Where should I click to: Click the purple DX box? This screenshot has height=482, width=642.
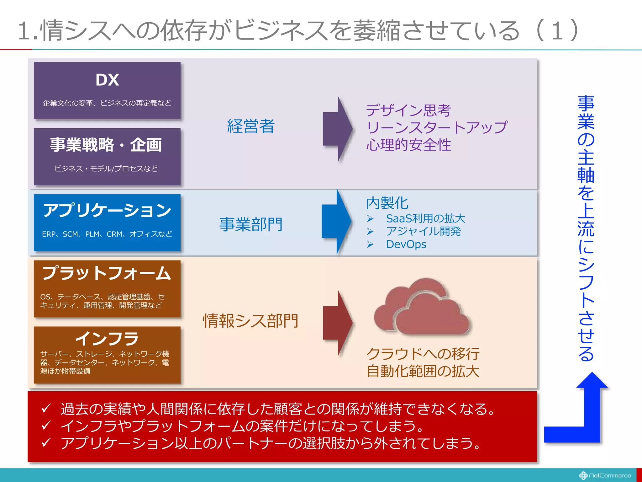[107, 90]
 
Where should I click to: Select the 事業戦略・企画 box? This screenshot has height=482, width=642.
[107, 156]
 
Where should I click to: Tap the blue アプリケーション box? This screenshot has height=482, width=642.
[107, 222]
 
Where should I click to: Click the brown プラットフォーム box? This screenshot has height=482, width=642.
[107, 289]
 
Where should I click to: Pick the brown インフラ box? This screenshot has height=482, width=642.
[107, 355]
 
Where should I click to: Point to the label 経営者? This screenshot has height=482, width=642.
[251, 126]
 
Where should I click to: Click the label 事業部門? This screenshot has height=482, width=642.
[251, 225]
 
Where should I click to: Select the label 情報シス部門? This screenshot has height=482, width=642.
[251, 321]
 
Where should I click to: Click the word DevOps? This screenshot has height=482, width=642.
[406, 244]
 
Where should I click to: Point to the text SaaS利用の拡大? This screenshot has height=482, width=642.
[425, 218]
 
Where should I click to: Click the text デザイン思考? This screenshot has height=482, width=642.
[408, 110]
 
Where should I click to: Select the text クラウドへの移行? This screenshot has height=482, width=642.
[423, 354]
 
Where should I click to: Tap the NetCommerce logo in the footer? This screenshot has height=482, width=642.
[605, 475]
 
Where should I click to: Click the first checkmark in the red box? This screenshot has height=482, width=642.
[46, 408]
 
